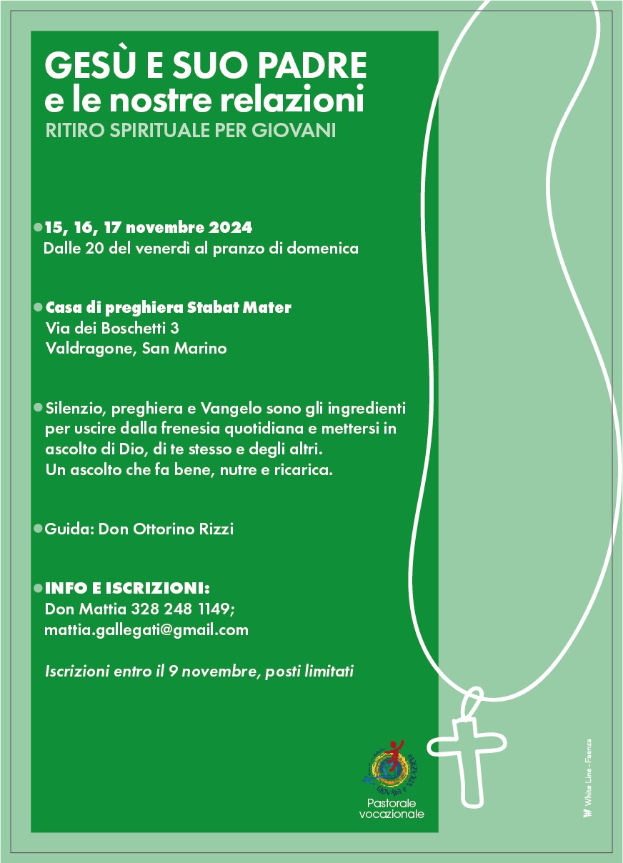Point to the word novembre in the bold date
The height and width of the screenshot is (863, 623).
pyautogui.click(x=166, y=228)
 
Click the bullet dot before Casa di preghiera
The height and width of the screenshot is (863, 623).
pyautogui.click(x=38, y=308)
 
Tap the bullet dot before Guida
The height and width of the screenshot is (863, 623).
pyautogui.click(x=38, y=529)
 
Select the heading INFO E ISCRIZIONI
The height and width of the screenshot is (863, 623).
pyautogui.click(x=127, y=589)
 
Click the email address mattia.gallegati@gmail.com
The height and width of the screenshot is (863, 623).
pyautogui.click(x=146, y=630)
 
